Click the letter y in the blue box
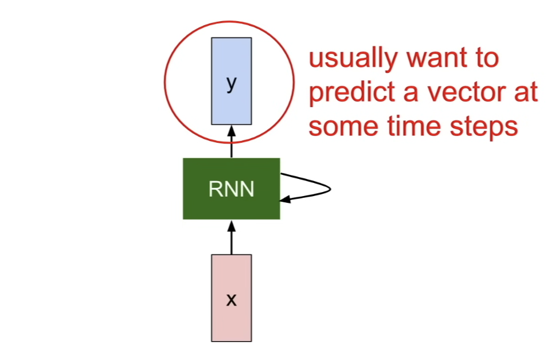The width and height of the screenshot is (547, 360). [231, 83]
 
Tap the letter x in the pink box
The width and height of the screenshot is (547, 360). [231, 300]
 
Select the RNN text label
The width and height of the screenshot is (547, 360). [231, 189]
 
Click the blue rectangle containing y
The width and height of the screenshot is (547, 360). [231, 81]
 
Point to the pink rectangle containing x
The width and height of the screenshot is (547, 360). [231, 298]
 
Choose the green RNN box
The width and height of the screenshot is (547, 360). [231, 189]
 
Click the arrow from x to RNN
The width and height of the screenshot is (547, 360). [231, 237]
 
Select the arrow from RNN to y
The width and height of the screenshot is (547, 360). [231, 142]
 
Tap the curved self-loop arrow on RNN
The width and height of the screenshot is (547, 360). [330, 189]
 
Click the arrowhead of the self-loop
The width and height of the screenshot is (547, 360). [285, 199]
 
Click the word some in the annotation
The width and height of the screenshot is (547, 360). [343, 127]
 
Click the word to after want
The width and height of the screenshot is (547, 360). [487, 58]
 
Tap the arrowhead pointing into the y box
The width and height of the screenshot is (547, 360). [231, 131]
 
